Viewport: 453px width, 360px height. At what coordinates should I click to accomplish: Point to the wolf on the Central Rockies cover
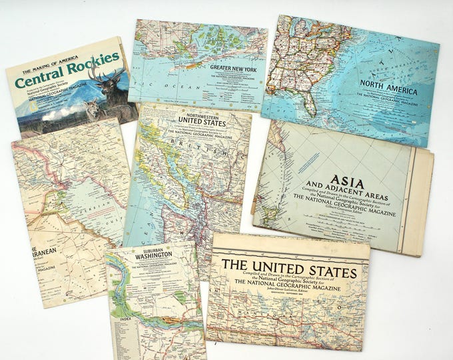93,109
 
